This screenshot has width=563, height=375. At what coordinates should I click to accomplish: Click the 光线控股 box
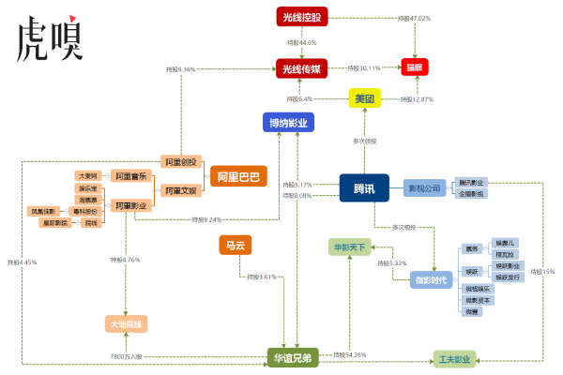(x=301, y=17)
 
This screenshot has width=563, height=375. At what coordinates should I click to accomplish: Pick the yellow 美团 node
(x=363, y=98)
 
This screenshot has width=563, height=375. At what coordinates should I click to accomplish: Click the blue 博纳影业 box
(x=288, y=123)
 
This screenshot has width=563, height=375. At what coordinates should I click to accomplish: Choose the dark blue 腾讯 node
(x=364, y=188)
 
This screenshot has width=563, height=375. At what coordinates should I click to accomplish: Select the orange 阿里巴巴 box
(x=238, y=175)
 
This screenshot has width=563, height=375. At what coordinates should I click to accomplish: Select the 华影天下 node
(x=349, y=248)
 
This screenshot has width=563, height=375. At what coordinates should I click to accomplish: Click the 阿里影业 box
(x=129, y=204)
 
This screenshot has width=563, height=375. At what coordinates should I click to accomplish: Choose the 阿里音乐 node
(x=129, y=175)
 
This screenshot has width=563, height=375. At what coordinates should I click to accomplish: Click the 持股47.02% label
(x=414, y=18)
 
